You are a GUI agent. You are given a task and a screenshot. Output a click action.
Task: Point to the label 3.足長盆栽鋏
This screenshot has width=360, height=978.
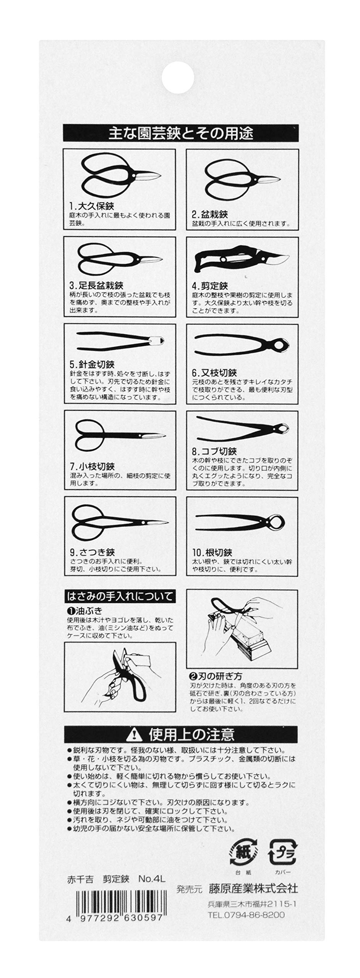[x=96, y=285]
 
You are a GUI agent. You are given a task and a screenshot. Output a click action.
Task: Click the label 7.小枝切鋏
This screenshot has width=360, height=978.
[x=92, y=466]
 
